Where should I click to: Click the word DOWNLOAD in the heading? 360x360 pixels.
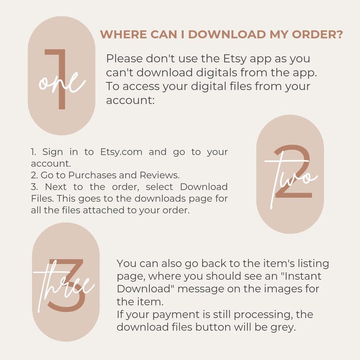tap(227, 34)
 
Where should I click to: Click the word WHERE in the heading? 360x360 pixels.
tap(123, 34)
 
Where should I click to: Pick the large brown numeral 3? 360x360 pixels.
tap(67, 285)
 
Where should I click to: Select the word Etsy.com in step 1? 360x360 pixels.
tap(121, 152)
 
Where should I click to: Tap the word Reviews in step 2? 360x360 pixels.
tap(160, 175)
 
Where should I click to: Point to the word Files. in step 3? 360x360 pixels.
tap(43, 199)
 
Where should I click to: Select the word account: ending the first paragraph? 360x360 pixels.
tap(131, 100)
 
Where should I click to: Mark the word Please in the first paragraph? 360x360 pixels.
tap(124, 59)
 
